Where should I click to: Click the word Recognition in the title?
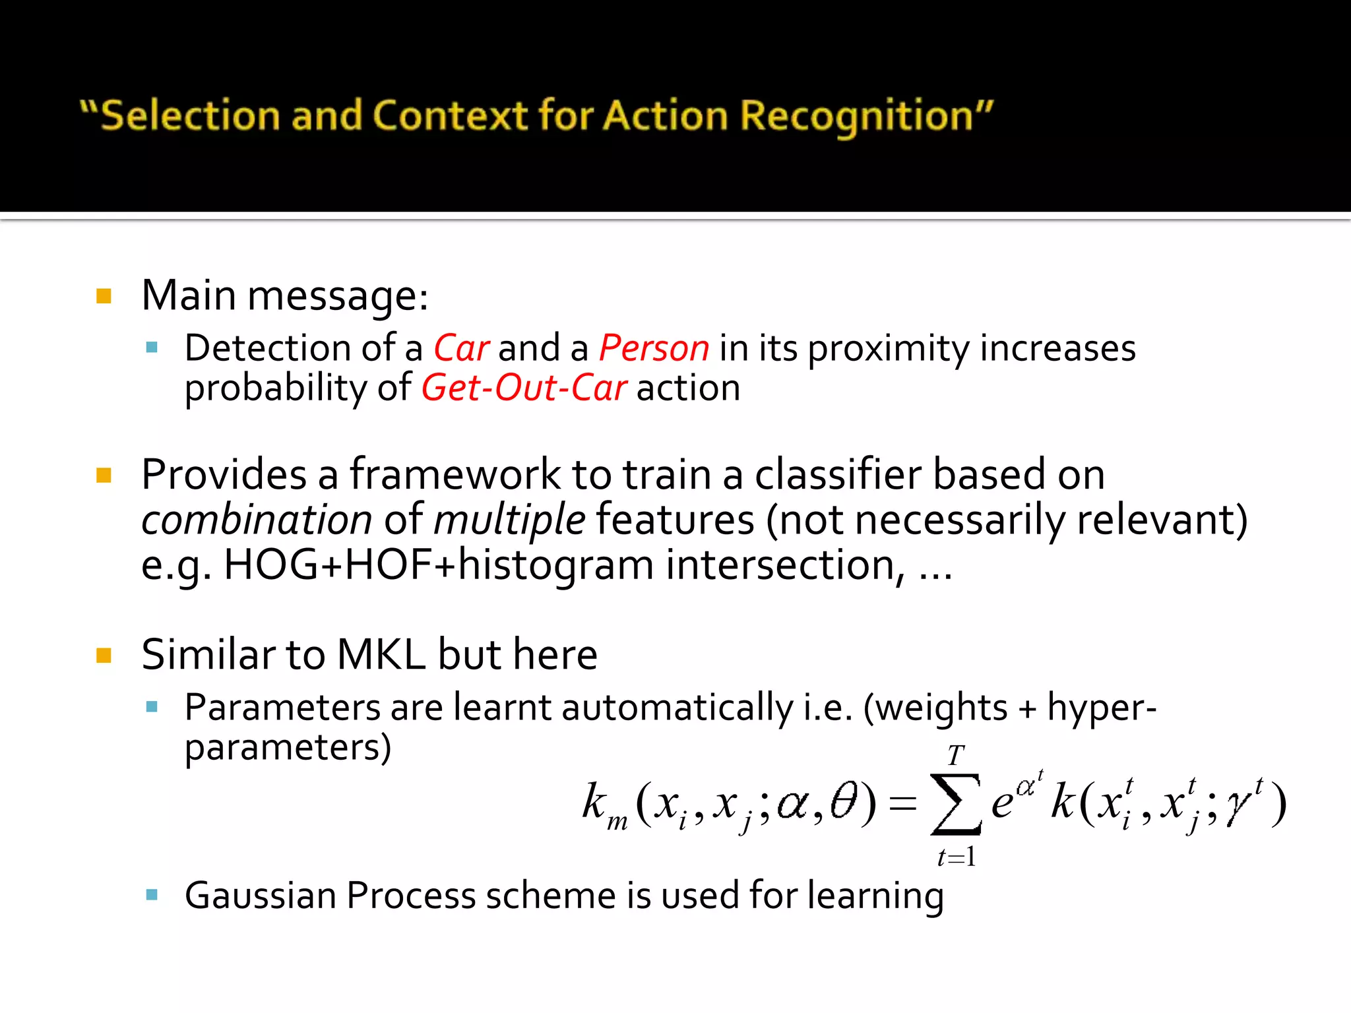(x=857, y=116)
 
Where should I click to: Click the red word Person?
(x=654, y=348)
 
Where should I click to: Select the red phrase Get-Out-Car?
(x=524, y=388)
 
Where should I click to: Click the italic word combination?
(x=257, y=520)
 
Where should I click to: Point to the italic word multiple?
(x=509, y=520)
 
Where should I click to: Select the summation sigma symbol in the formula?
(x=955, y=803)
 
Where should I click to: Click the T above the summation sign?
(x=955, y=755)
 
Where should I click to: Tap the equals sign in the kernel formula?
(x=902, y=803)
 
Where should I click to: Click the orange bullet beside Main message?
(x=104, y=295)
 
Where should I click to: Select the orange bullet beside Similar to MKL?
(x=104, y=655)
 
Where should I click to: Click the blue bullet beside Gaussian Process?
(x=152, y=895)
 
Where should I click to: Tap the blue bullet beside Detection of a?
(x=152, y=348)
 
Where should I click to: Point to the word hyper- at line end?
(x=1102, y=708)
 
